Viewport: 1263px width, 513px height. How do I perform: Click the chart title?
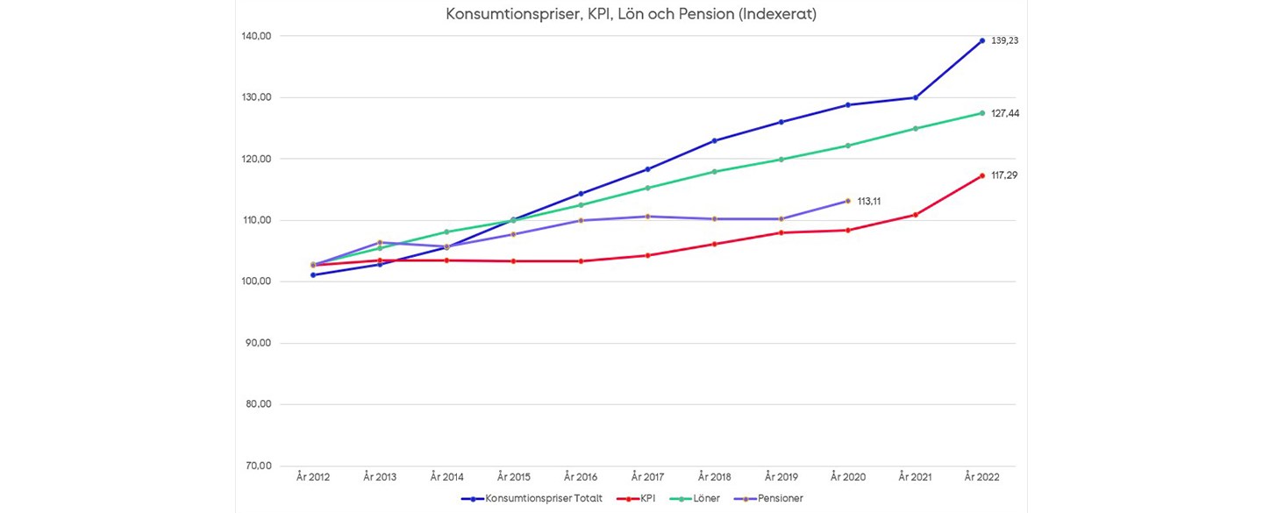point(631,15)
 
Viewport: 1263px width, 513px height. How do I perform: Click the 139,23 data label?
point(1004,40)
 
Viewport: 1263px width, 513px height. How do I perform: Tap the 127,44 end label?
point(1004,113)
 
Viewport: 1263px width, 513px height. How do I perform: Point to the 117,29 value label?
point(1004,175)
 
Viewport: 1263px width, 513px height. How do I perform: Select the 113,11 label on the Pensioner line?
point(869,201)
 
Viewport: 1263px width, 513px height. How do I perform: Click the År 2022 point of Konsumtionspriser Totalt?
point(982,40)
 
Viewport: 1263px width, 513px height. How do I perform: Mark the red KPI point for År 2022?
point(982,175)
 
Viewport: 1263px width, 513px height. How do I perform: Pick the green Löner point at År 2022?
point(982,112)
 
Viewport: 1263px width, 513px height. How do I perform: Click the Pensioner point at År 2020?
point(848,201)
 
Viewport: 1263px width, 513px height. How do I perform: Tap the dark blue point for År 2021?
point(916,97)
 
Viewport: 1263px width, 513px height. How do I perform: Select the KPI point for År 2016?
point(581,260)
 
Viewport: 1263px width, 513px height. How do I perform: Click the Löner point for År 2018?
point(715,171)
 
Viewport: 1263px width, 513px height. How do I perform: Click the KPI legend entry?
point(645,498)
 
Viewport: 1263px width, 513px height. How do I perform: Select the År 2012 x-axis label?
point(313,477)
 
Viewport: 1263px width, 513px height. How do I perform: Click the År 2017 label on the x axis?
point(647,477)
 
